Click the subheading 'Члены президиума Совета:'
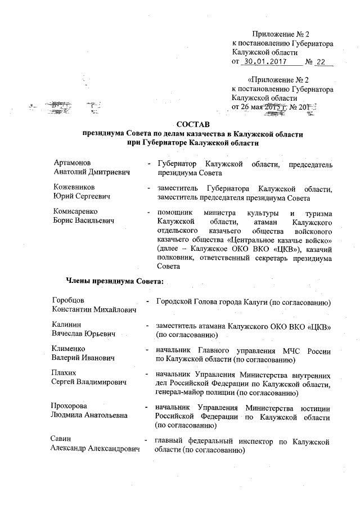click(115, 280)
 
